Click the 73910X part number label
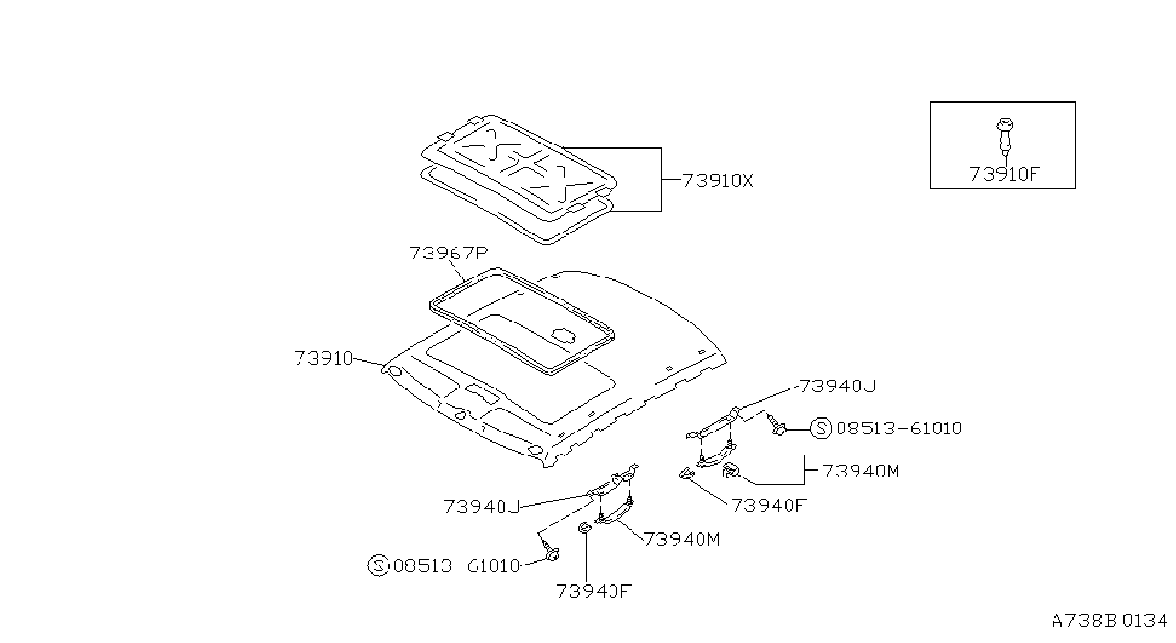[x=718, y=181]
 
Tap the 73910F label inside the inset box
[x=1005, y=174]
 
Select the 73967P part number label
[x=449, y=254]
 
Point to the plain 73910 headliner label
[x=323, y=358]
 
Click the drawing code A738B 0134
[x=1109, y=621]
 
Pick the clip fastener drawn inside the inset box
[x=1005, y=136]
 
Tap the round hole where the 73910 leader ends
[x=395, y=372]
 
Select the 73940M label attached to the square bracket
[x=860, y=472]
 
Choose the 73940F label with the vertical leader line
[x=593, y=591]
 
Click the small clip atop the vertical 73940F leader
[x=584, y=527]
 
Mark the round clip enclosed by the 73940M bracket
[x=729, y=470]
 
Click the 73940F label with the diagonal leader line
[x=768, y=505]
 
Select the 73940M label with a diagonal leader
[x=681, y=539]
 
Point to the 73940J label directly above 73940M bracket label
[x=837, y=387]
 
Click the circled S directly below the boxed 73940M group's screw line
[x=821, y=429]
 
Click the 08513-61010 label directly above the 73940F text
[x=456, y=565]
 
